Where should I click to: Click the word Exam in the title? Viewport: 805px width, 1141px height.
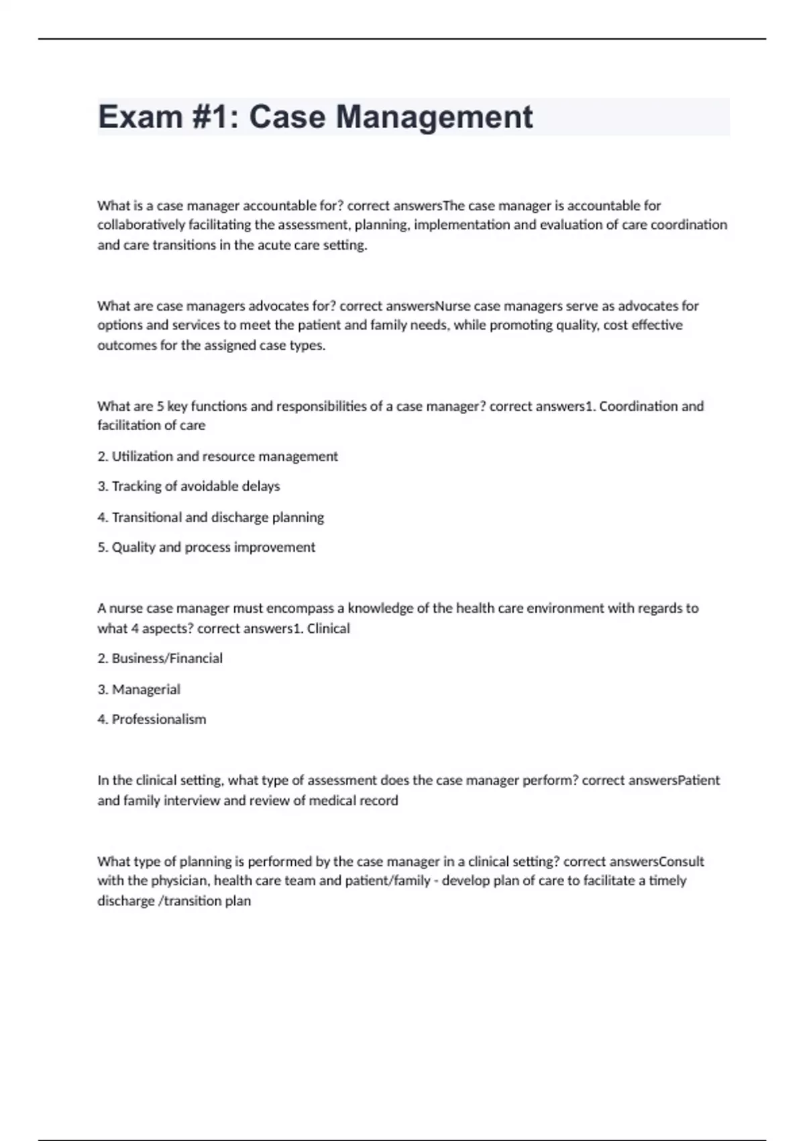coord(140,117)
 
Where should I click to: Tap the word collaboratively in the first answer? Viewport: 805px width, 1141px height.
coord(141,225)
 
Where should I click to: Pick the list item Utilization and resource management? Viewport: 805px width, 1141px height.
coord(217,456)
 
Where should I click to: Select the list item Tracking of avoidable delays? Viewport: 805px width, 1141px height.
coord(189,486)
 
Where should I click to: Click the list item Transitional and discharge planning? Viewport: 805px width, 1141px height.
coord(211,517)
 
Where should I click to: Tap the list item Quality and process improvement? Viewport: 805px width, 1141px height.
coord(206,547)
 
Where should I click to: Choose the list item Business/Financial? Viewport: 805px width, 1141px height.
coord(160,658)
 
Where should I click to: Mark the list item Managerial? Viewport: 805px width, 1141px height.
coord(139,689)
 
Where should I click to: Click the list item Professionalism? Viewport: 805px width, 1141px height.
coord(152,720)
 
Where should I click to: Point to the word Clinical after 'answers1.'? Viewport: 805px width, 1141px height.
coord(328,629)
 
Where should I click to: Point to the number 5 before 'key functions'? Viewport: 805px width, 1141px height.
coord(160,406)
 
